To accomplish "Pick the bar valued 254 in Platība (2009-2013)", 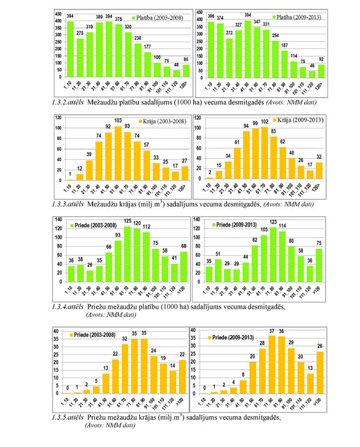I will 274,59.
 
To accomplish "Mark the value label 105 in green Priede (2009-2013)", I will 265,229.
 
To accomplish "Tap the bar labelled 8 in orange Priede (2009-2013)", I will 242,388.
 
